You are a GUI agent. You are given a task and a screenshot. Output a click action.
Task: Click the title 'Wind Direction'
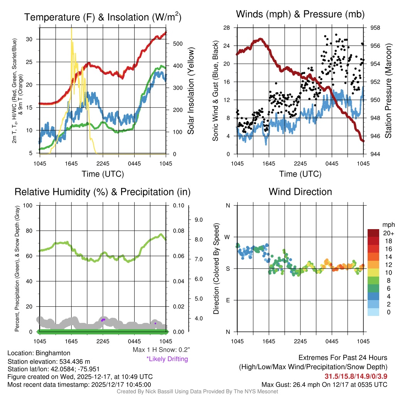(300, 192)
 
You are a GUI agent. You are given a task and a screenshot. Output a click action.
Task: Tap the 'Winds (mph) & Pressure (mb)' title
(300, 15)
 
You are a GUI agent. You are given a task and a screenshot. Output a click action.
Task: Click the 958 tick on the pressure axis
(375, 28)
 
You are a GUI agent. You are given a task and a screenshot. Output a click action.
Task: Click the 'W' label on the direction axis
(228, 237)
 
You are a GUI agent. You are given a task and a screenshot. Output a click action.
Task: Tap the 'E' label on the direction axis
(228, 300)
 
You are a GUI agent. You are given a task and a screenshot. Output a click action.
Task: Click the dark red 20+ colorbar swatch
(374, 233)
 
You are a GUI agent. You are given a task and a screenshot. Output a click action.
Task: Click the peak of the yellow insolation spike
(71, 29)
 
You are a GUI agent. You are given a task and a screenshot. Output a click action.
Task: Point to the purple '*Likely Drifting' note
(167, 359)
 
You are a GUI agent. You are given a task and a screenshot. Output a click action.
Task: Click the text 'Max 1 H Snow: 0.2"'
(161, 350)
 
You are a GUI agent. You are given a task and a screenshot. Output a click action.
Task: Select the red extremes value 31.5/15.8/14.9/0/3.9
(356, 376)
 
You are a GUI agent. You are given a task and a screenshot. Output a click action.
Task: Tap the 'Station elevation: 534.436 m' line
(49, 361)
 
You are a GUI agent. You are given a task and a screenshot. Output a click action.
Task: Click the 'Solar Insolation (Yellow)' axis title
(191, 91)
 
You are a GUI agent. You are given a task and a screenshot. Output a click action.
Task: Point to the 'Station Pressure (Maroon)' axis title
(388, 91)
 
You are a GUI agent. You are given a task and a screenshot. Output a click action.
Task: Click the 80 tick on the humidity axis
(28, 231)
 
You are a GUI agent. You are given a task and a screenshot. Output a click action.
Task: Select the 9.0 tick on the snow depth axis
(198, 220)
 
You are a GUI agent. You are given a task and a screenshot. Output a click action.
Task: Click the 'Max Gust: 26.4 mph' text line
(324, 385)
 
